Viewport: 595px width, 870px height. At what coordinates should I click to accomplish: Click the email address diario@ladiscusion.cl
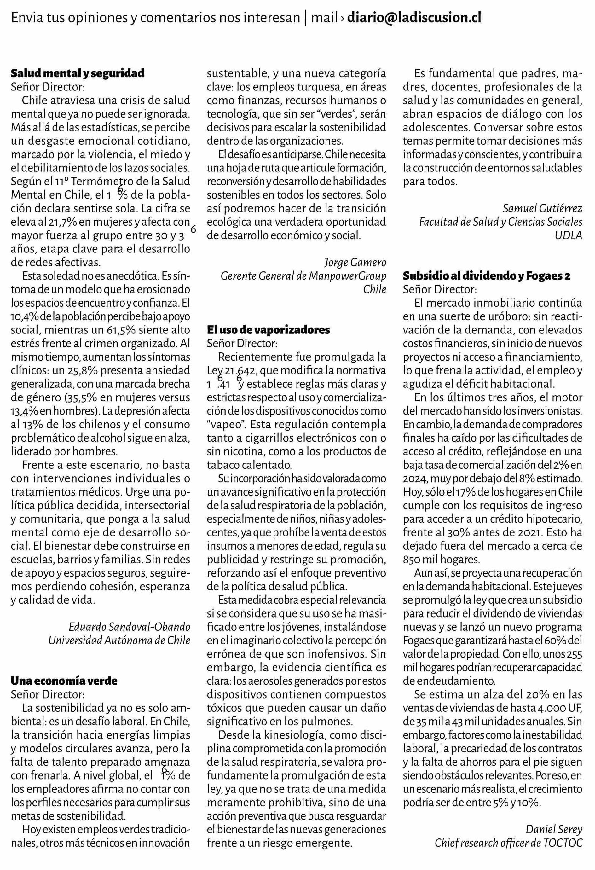[x=414, y=18]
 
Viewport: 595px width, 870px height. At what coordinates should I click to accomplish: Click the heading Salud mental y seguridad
[x=78, y=73]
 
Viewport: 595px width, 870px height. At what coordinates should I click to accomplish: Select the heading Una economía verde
[x=64, y=681]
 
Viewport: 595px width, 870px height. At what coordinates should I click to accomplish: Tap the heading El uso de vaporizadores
[x=268, y=330]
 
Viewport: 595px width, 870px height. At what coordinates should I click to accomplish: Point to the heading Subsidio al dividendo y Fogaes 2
[x=487, y=276]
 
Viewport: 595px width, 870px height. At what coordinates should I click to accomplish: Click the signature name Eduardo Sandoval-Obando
[x=130, y=627]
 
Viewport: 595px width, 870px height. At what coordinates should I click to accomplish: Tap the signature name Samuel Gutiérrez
[x=542, y=208]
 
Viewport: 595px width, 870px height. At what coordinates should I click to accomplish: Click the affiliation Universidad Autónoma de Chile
[x=119, y=640]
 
